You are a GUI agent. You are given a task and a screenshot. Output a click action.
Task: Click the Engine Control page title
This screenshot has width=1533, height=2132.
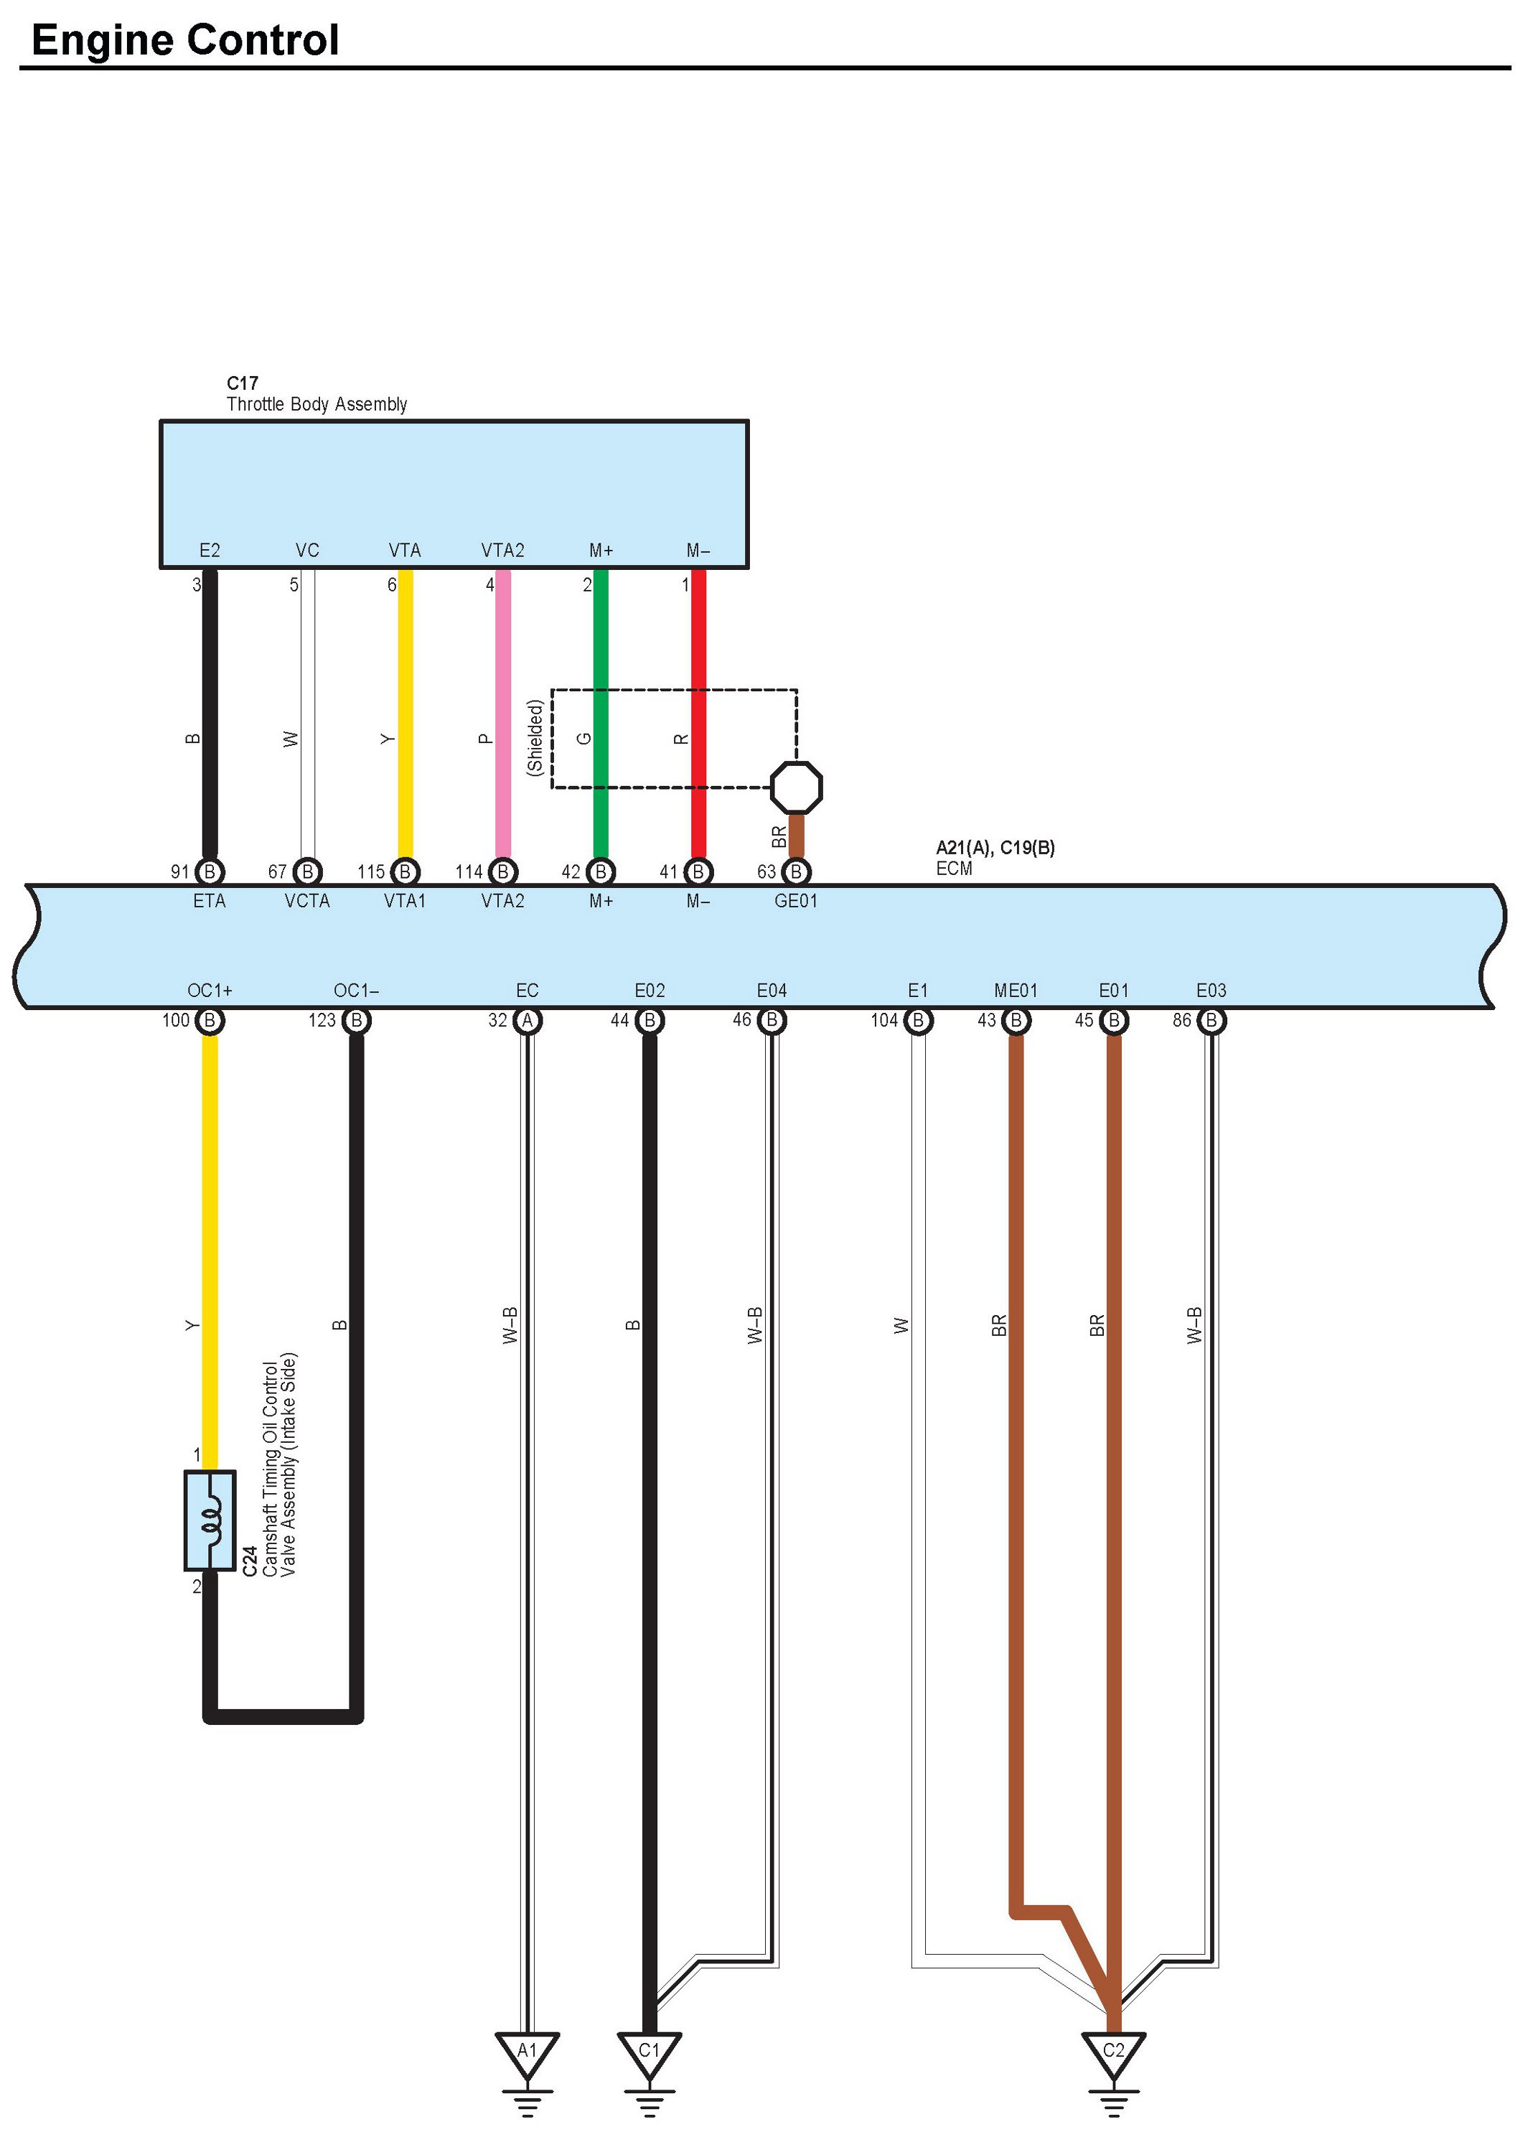tap(184, 40)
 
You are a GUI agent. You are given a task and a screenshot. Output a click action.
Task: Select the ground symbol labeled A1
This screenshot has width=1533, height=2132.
tap(528, 2053)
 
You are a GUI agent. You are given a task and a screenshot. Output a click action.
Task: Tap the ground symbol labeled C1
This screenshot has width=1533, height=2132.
tap(650, 2053)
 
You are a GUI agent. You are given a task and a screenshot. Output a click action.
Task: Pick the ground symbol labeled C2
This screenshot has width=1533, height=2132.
tap(1113, 2053)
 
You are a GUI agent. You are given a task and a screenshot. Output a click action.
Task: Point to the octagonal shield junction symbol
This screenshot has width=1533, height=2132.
tap(796, 787)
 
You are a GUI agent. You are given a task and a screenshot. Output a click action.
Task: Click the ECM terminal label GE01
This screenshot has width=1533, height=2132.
tap(795, 901)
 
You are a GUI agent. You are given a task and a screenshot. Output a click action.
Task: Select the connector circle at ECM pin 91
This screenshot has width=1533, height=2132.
tap(210, 871)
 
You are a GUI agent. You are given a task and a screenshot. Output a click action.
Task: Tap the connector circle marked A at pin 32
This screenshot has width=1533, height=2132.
tap(528, 1020)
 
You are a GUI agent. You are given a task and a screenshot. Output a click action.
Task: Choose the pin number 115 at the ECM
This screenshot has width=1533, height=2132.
tap(371, 871)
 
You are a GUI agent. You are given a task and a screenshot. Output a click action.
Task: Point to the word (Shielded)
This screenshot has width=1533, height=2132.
tap(535, 737)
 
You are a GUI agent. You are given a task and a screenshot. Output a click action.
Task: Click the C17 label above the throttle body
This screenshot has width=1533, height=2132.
tap(242, 383)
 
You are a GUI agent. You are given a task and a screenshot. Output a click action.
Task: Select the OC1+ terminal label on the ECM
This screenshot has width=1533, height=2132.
tap(210, 990)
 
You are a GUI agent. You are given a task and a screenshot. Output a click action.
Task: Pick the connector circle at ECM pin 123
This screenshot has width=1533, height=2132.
tap(356, 1020)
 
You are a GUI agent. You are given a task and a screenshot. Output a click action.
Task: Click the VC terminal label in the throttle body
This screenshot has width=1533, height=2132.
tap(307, 550)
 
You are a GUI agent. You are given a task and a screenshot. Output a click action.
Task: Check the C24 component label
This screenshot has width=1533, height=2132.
tap(249, 1561)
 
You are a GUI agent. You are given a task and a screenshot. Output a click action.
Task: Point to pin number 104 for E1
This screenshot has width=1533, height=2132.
tap(883, 1020)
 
